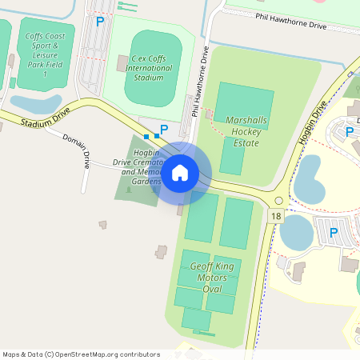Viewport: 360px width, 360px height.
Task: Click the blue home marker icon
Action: tap(180, 172)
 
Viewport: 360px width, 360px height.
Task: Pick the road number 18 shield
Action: tap(277, 217)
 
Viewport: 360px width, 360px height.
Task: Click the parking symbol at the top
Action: tap(99, 22)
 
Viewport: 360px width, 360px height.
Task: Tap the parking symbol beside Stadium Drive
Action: tap(164, 129)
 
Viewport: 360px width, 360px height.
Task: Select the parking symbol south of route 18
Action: tap(334, 232)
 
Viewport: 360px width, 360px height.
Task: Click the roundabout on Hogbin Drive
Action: tap(278, 200)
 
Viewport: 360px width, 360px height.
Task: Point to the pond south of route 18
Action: tap(296, 233)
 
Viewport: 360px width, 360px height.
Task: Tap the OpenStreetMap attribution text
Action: tap(81, 354)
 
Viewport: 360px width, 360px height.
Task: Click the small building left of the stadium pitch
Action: tap(122, 62)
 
